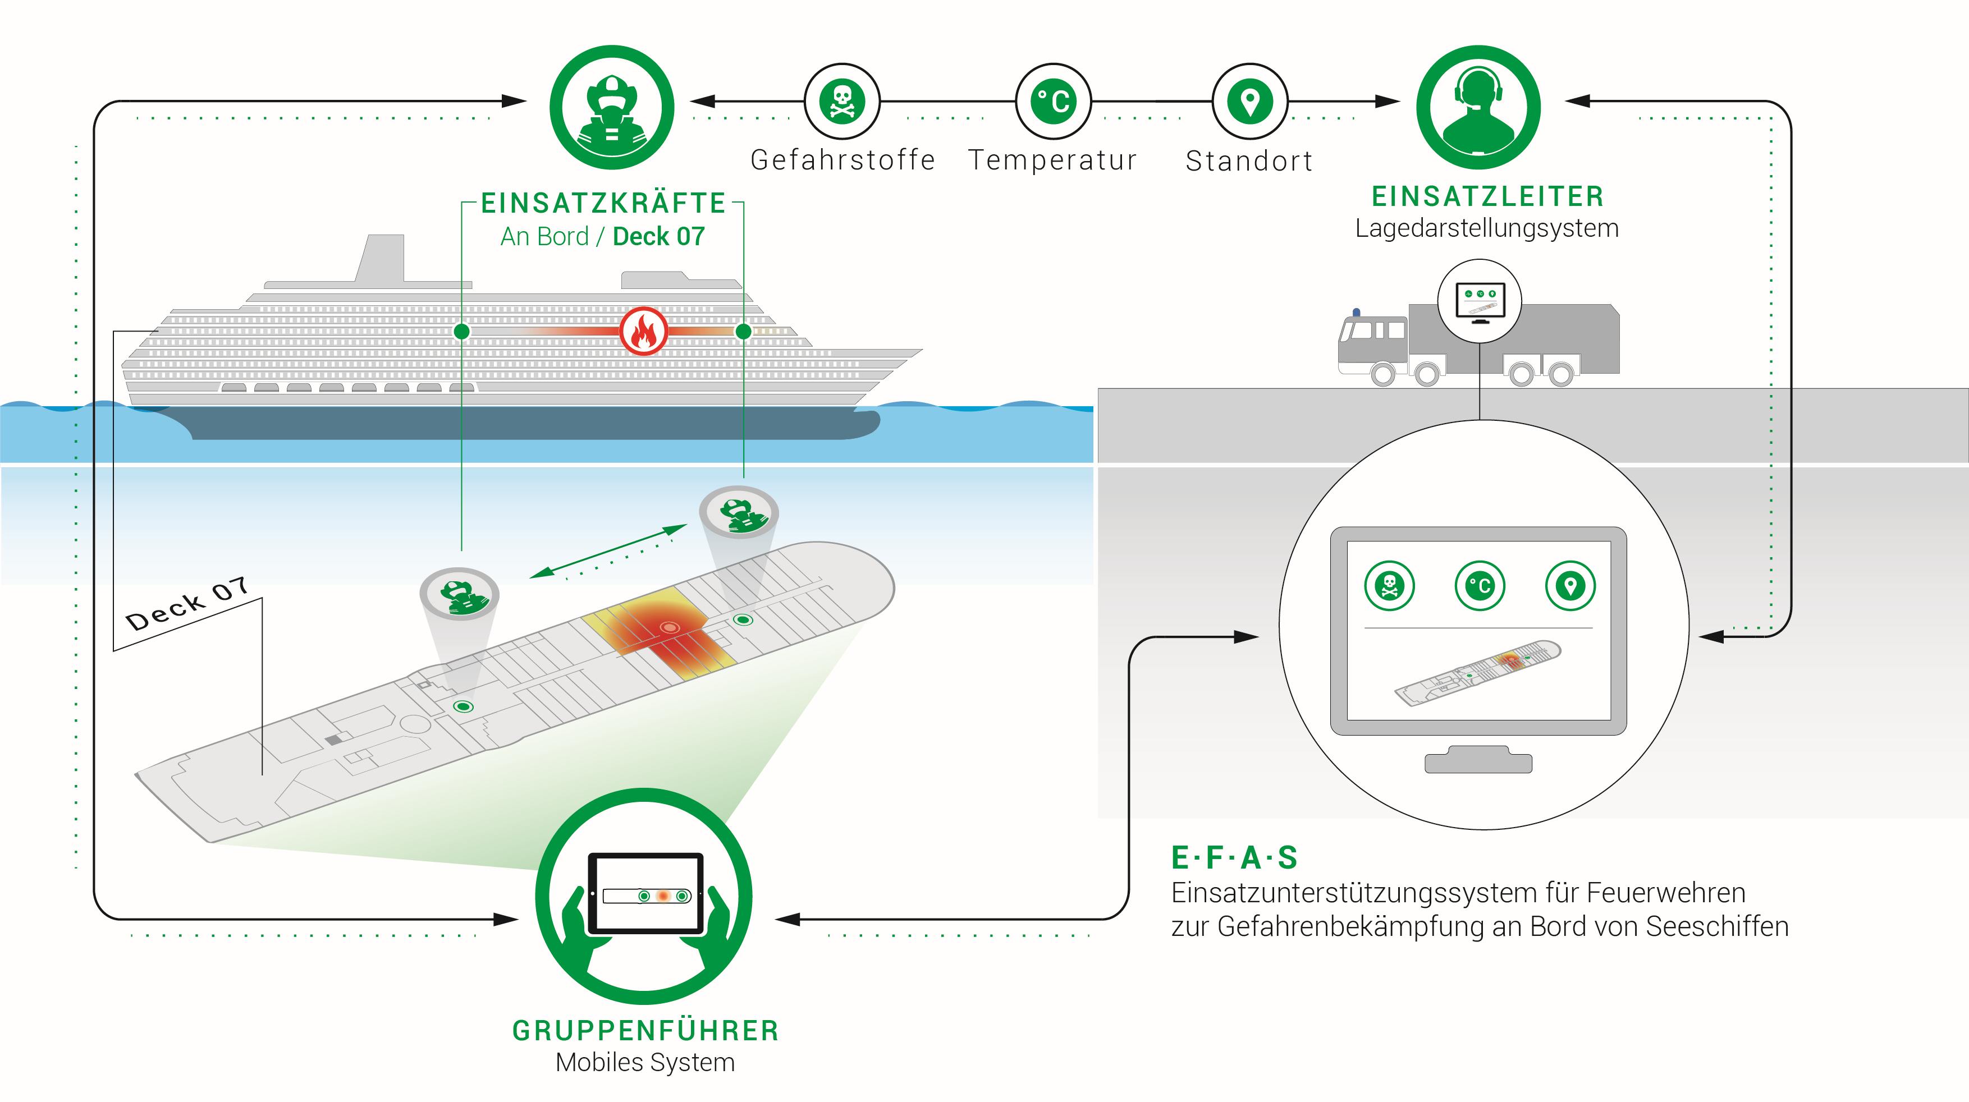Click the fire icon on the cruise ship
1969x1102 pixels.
(x=643, y=332)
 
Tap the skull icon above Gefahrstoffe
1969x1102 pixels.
(x=841, y=101)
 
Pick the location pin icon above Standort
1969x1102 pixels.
(x=1250, y=101)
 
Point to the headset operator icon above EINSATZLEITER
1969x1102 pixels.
(x=1477, y=108)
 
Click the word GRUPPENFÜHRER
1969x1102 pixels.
(x=645, y=1030)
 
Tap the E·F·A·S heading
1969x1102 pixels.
(x=1234, y=857)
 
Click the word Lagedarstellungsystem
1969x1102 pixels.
(x=1487, y=228)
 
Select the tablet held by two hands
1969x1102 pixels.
(x=645, y=893)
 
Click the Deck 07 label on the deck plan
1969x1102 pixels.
(x=187, y=604)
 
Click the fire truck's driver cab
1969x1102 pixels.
(x=1372, y=340)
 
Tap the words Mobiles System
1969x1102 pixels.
(x=645, y=1062)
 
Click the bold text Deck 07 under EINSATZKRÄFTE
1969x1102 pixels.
(x=659, y=237)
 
